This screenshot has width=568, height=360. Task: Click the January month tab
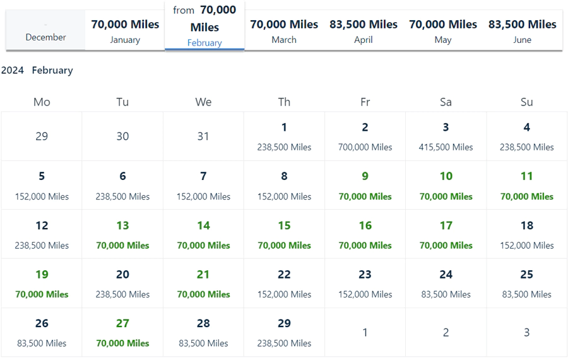[125, 30]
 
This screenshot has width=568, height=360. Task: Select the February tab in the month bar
[204, 27]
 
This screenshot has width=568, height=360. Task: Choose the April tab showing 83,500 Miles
[364, 30]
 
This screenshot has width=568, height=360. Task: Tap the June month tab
[523, 30]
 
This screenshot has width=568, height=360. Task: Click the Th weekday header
[284, 102]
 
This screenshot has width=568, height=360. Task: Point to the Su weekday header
[526, 102]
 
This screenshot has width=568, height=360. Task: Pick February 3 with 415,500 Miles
[446, 136]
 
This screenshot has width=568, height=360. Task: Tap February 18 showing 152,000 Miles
[526, 234]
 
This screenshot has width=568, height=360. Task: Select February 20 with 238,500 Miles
[122, 283]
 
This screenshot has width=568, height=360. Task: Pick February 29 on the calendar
[284, 332]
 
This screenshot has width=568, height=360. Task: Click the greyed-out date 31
[203, 136]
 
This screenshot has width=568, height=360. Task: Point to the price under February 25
[526, 294]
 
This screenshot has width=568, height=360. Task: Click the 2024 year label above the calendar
[13, 70]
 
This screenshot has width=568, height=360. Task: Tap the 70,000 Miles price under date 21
[203, 294]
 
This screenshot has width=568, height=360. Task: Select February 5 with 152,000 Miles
[42, 185]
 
